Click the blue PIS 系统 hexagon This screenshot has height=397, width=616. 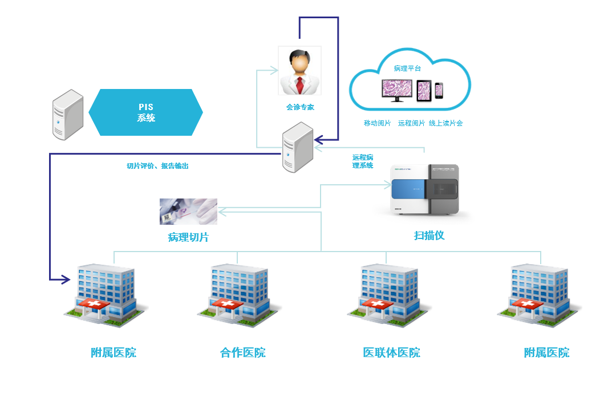pyautogui.click(x=146, y=112)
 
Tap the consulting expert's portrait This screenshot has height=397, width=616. pyautogui.click(x=299, y=71)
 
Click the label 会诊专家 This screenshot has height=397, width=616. pyautogui.click(x=300, y=107)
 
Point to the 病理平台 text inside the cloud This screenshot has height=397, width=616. pyautogui.click(x=407, y=68)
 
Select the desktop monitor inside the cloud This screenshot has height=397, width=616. pyautogui.click(x=397, y=90)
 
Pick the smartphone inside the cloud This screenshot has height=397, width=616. pyautogui.click(x=439, y=91)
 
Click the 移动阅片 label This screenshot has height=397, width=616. pyautogui.click(x=377, y=123)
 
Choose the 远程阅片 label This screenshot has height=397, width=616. pyautogui.click(x=411, y=123)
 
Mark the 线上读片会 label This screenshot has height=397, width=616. pyautogui.click(x=446, y=123)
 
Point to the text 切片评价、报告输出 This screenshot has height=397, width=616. pyautogui.click(x=157, y=166)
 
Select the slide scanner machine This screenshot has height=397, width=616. pyautogui.click(x=425, y=190)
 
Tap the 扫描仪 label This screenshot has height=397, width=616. pyautogui.click(x=429, y=234)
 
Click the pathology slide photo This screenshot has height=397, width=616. pyautogui.click(x=188, y=211)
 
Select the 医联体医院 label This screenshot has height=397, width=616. pyautogui.click(x=392, y=353)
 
